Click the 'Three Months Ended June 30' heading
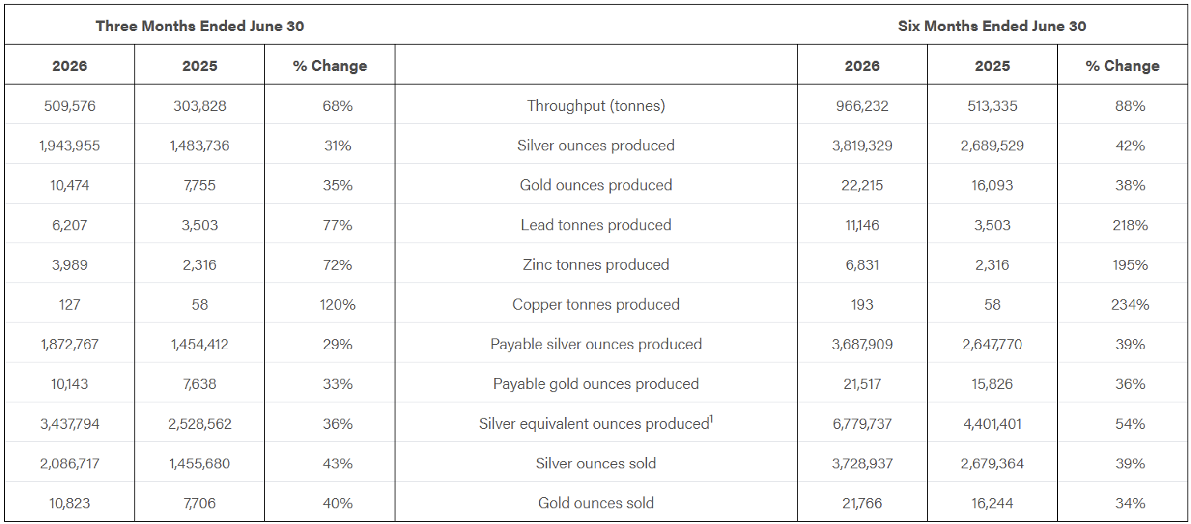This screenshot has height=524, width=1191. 199,26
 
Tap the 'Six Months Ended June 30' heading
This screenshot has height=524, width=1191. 992,26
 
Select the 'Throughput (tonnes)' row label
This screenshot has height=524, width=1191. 596,106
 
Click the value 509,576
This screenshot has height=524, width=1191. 70,106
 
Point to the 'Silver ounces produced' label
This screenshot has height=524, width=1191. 596,146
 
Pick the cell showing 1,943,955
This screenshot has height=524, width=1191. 70,146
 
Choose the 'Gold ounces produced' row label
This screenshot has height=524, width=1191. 596,185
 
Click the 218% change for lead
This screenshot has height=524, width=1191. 1130,225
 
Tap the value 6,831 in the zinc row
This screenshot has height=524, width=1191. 862,265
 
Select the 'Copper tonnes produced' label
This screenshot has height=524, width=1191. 596,305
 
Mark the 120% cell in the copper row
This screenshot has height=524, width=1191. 338,305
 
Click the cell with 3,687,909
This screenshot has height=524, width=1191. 862,344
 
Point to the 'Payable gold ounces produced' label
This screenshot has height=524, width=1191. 596,384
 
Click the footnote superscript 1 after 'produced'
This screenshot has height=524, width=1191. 711,419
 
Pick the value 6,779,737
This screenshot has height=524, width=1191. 862,424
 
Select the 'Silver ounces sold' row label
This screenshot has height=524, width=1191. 596,464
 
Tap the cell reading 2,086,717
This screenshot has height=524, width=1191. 70,464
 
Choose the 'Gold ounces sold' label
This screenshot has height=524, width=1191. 596,503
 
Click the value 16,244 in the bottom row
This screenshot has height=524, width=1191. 992,503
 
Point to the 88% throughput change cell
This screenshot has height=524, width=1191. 1130,106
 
